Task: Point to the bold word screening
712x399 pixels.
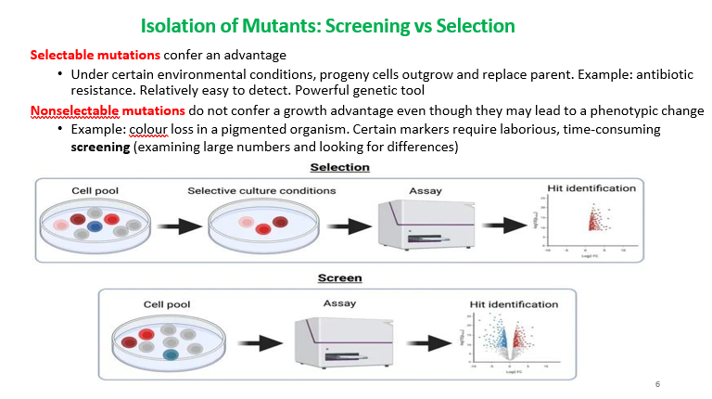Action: pyautogui.click(x=101, y=147)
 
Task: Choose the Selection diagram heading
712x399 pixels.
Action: pyautogui.click(x=339, y=167)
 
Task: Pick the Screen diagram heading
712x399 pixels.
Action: pyautogui.click(x=339, y=277)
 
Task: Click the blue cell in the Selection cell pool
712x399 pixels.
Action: pyautogui.click(x=95, y=225)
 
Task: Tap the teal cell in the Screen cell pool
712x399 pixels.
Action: pyautogui.click(x=170, y=354)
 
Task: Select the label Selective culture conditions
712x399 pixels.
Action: pyautogui.click(x=261, y=191)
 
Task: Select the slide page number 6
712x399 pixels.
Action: pyautogui.click(x=657, y=383)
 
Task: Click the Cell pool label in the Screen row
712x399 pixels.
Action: pyautogui.click(x=167, y=304)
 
